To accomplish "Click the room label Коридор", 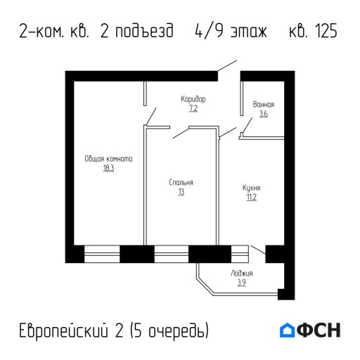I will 193,100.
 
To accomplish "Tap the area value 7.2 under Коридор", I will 193,109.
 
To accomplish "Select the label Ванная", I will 263,104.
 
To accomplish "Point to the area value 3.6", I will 263,113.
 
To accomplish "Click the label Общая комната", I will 108,159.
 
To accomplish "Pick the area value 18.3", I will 108,169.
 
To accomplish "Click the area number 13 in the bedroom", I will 181,191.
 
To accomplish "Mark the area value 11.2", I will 251,198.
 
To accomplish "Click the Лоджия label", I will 241,274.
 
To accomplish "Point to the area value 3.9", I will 241,283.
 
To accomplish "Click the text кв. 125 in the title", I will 313,32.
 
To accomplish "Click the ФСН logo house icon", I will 288,330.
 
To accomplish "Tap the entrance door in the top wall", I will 228,68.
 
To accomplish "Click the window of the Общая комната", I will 101,253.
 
